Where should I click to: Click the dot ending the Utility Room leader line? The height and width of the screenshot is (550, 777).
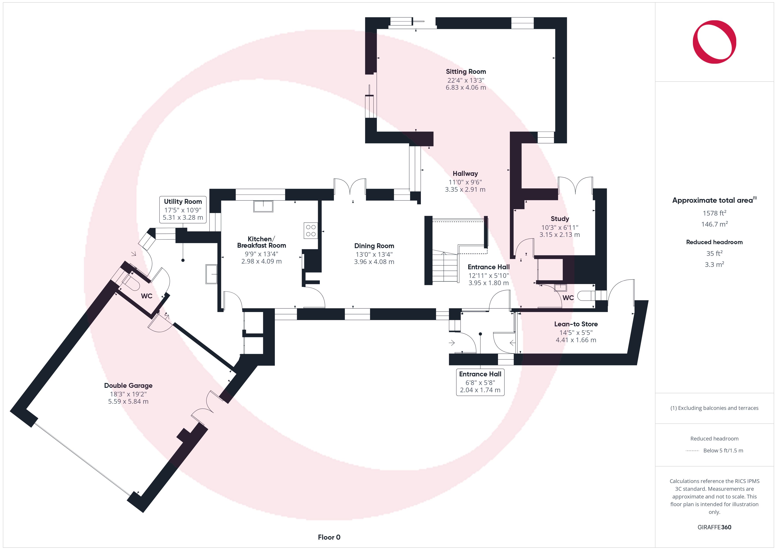[183, 260]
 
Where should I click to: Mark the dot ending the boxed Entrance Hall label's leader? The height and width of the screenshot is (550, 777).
[480, 334]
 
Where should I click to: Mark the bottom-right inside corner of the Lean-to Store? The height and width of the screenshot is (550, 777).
[628, 354]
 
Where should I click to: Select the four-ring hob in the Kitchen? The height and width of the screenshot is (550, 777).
[311, 230]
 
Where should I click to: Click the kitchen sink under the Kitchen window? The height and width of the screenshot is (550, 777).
[263, 206]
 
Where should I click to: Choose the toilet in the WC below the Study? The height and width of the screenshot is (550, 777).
[586, 296]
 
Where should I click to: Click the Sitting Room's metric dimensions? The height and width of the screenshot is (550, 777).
[466, 87]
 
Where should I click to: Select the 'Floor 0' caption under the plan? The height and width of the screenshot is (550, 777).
[329, 537]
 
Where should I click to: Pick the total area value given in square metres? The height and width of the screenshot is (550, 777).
[714, 224]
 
